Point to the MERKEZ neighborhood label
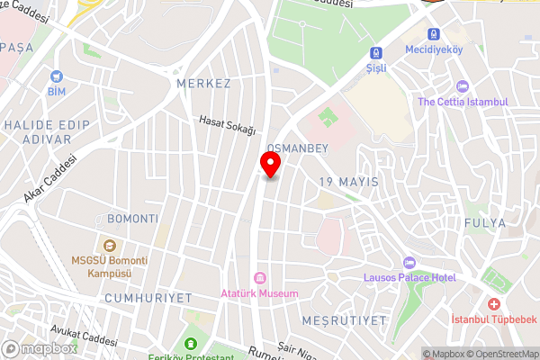click(x=204, y=84)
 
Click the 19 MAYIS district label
click(x=348, y=182)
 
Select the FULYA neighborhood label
click(x=485, y=222)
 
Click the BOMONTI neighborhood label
click(x=132, y=219)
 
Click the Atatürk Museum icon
click(x=260, y=277)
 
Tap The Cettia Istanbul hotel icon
click(x=463, y=86)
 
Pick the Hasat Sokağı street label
click(x=228, y=126)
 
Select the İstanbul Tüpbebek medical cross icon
click(x=491, y=305)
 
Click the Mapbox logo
click(x=40, y=347)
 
